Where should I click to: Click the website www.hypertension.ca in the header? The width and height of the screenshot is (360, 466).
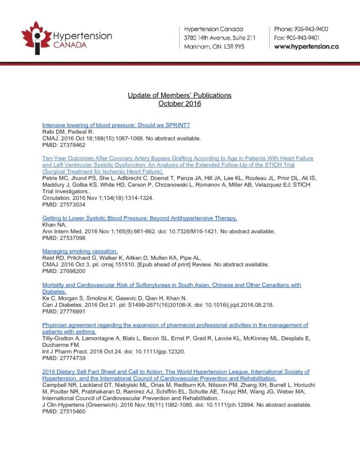tap(306, 46)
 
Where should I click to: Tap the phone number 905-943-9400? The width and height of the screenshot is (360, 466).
tap(311, 29)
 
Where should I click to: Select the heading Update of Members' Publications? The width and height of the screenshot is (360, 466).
tap(179, 95)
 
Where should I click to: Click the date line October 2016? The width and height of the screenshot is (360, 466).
tap(179, 104)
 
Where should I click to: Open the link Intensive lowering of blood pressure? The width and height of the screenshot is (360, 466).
tap(116, 125)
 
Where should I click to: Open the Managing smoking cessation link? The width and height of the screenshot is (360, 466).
tap(80, 251)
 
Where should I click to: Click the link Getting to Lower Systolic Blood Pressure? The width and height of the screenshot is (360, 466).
tap(140, 218)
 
